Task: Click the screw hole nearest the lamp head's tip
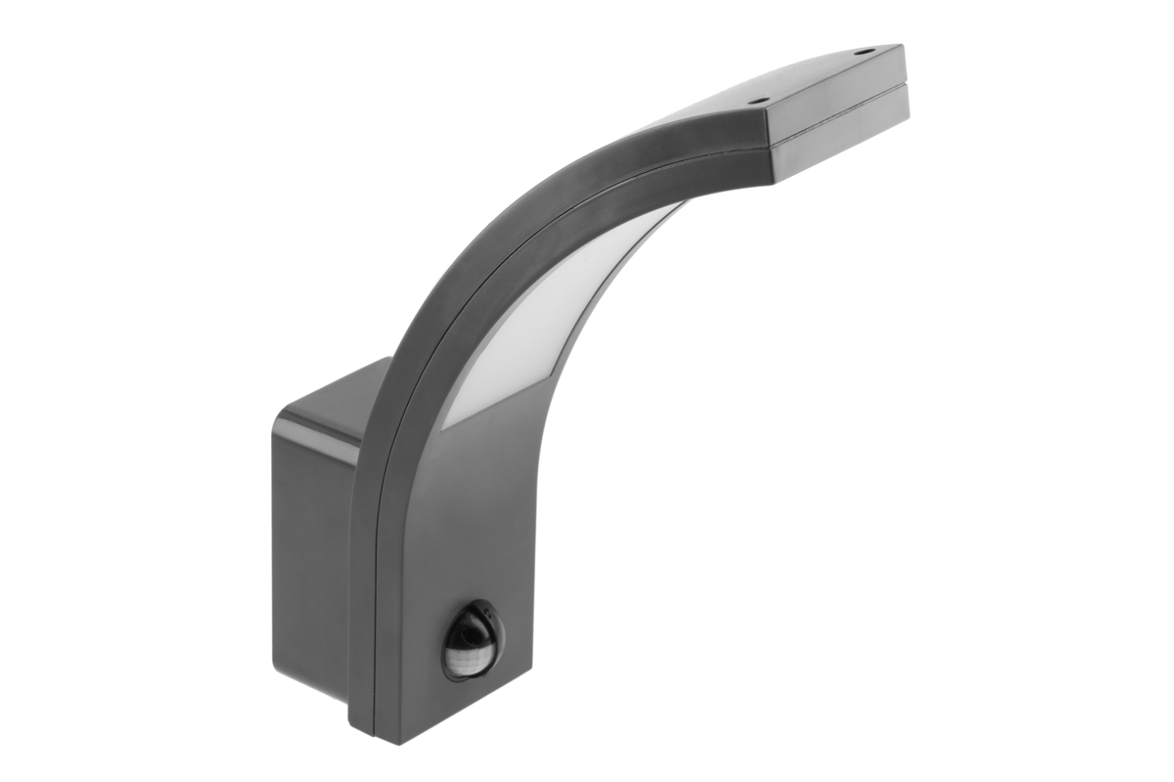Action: coord(863,53)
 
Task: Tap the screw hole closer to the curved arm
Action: coord(756,99)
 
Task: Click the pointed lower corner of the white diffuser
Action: coord(442,426)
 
